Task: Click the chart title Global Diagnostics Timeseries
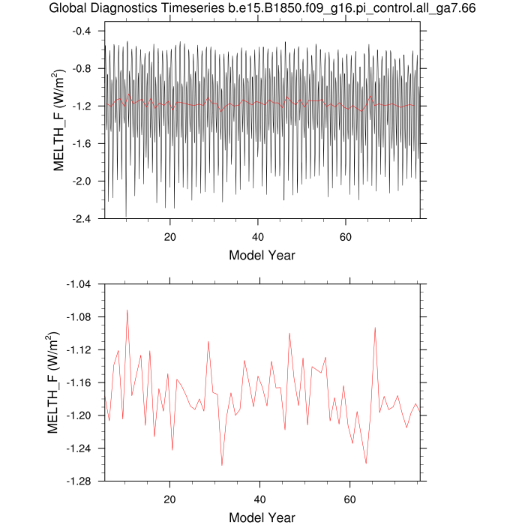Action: click(x=137, y=7)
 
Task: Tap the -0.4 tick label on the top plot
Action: click(x=82, y=31)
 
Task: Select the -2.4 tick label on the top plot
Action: click(x=82, y=219)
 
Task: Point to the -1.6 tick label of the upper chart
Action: click(x=82, y=144)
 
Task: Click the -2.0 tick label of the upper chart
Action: click(x=82, y=181)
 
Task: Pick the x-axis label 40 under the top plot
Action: click(x=258, y=237)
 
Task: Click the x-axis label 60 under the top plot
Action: click(x=346, y=237)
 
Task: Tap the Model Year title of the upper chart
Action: click(x=262, y=256)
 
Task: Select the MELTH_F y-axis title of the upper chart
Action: click(x=58, y=120)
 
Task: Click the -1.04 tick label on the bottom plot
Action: click(x=79, y=284)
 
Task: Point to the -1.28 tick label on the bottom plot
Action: click(x=79, y=481)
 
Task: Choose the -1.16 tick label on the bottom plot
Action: click(x=79, y=383)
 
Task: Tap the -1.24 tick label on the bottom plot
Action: click(x=79, y=448)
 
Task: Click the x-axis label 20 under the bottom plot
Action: click(x=169, y=499)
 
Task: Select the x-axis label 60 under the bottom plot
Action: click(x=350, y=499)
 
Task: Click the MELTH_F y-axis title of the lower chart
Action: click(x=52, y=382)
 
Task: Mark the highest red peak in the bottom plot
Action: click(x=127, y=310)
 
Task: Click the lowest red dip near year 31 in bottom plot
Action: click(x=222, y=465)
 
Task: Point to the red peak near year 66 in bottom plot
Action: click(x=375, y=328)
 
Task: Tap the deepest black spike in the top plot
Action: click(x=126, y=216)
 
